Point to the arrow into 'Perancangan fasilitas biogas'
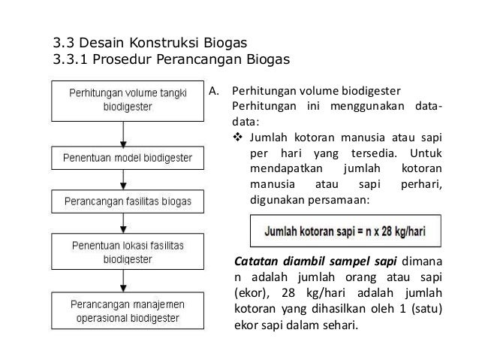pos(125,180)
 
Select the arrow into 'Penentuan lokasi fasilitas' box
pos(125,222)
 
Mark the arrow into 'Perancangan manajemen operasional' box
pos(125,281)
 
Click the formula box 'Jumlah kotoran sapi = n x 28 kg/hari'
pos(345,231)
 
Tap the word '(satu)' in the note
pos(425,309)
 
